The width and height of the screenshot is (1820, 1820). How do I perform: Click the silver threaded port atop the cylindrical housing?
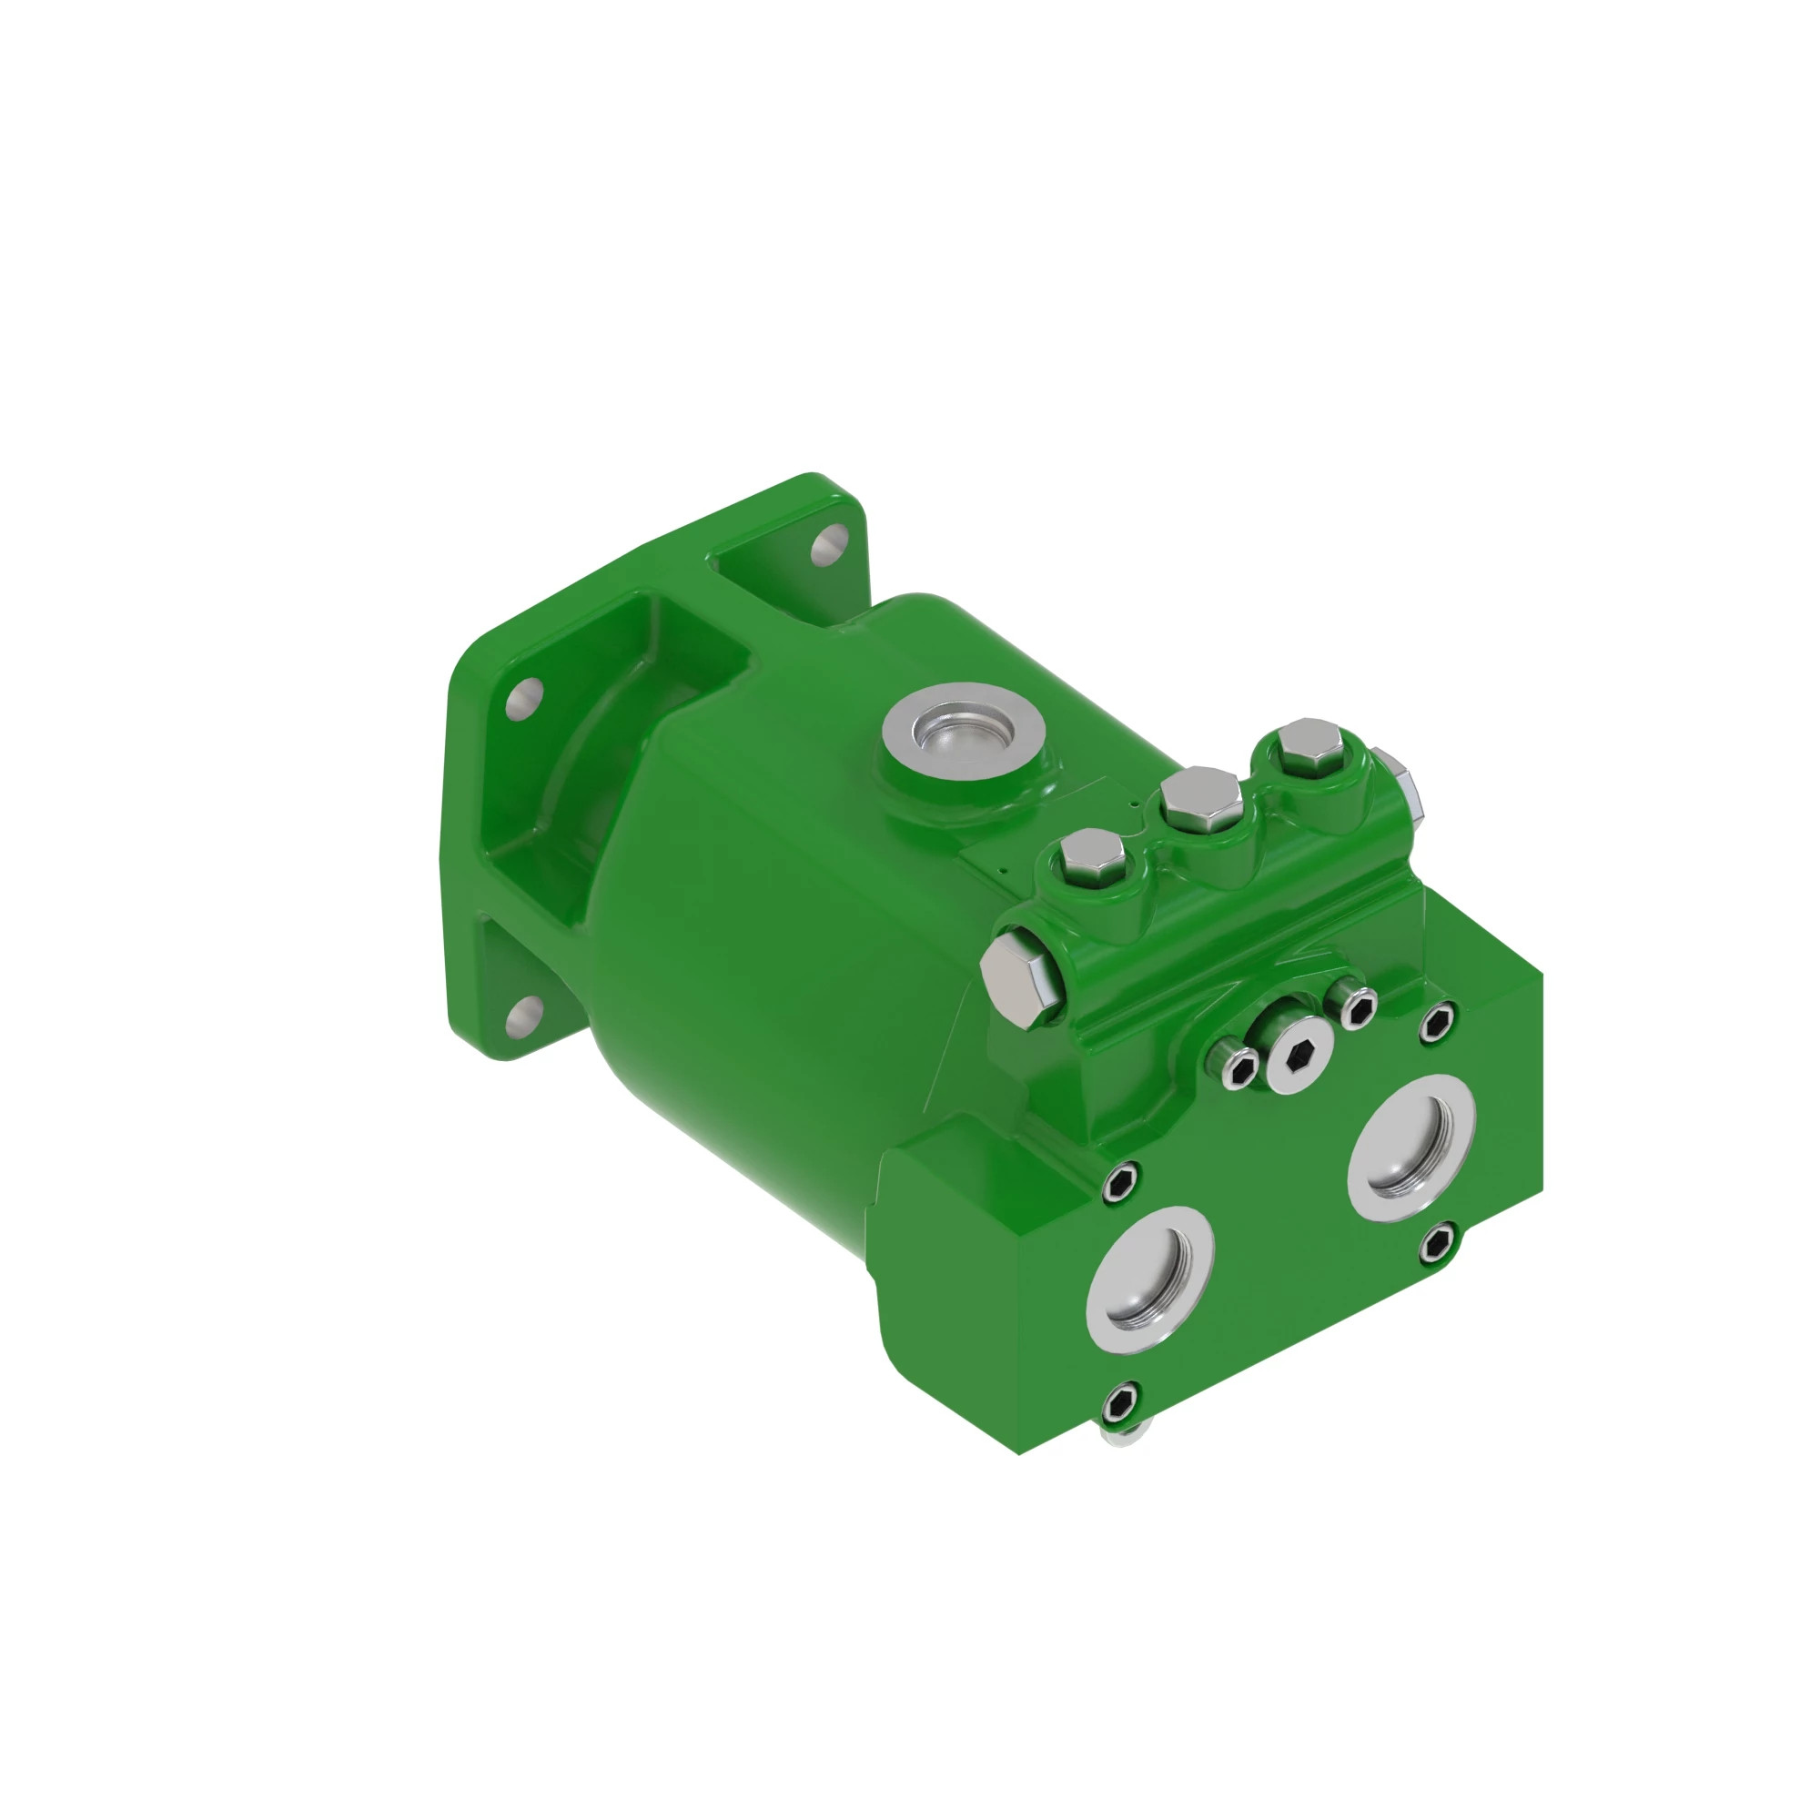tap(963, 732)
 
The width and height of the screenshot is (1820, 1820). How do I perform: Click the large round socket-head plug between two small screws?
tap(1300, 1056)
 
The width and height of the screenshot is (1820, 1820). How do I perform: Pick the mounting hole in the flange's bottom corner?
tap(523, 1016)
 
